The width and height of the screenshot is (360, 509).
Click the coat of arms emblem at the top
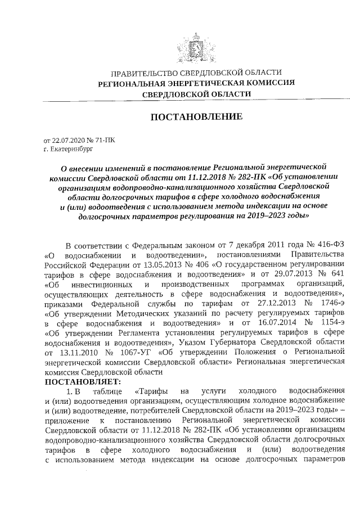pyautogui.click(x=196, y=44)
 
